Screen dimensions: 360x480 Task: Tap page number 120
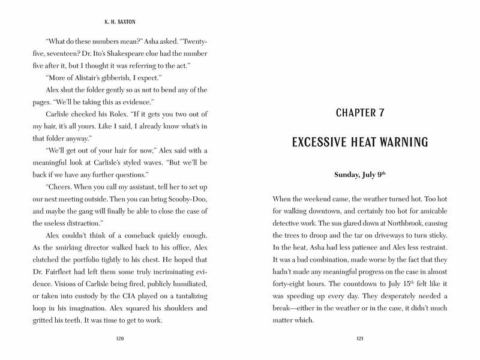119,339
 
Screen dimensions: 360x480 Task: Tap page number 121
360,339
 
